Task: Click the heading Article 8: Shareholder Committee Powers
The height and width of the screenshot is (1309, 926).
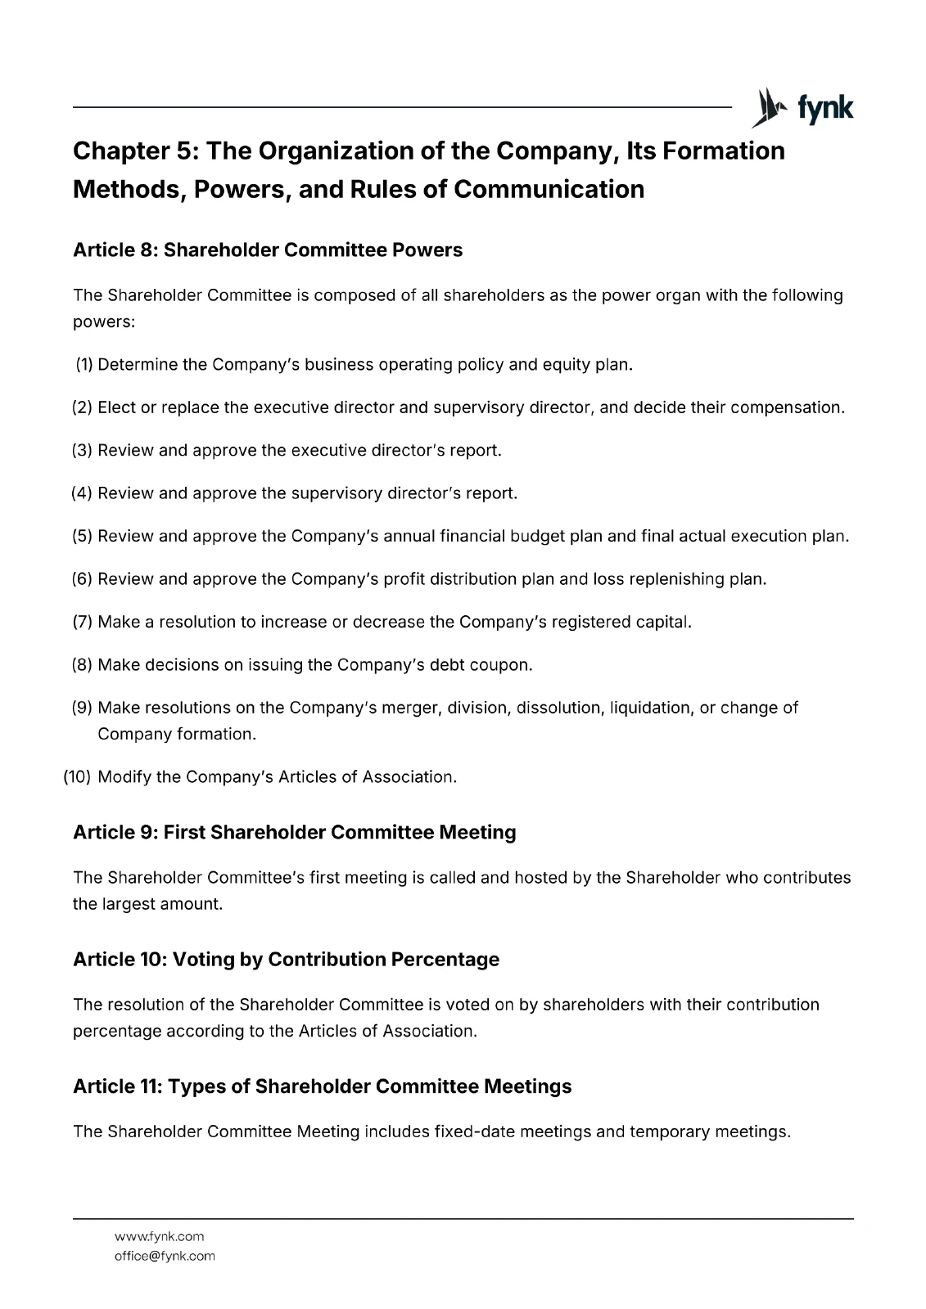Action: tap(268, 250)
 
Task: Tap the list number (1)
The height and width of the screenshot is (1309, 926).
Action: tap(84, 365)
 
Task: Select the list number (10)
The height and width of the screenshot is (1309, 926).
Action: tap(77, 777)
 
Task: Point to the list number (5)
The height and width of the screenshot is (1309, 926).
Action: tap(82, 537)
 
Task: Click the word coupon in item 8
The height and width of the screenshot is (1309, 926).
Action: tap(500, 665)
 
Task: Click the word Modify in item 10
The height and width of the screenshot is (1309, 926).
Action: tap(124, 777)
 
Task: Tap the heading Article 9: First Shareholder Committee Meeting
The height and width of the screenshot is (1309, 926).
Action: tap(295, 833)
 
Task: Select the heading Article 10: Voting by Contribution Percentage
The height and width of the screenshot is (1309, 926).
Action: tap(286, 960)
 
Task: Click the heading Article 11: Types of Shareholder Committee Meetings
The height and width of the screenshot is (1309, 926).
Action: tap(322, 1086)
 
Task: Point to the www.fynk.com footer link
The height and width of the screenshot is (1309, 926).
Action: tap(160, 1237)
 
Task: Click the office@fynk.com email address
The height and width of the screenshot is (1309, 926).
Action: tap(165, 1257)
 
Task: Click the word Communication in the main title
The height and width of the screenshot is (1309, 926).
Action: tap(549, 190)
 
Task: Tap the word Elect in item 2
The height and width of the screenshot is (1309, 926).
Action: tap(116, 407)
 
